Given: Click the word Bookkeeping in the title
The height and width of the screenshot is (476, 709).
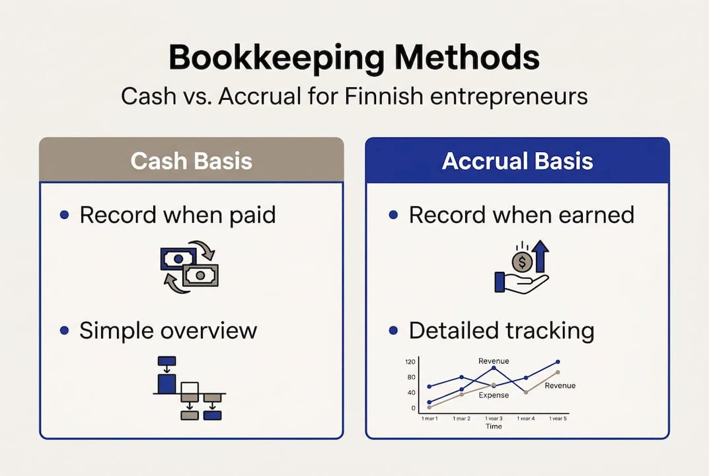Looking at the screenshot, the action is pyautogui.click(x=277, y=58).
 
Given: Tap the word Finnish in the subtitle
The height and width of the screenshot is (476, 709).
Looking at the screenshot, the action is pyautogui.click(x=384, y=96).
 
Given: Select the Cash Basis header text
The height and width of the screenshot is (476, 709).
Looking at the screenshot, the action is pyautogui.click(x=191, y=161).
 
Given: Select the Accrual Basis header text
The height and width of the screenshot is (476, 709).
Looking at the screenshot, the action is pyautogui.click(x=517, y=161).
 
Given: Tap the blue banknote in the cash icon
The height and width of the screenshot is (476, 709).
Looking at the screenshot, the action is pyautogui.click(x=178, y=258).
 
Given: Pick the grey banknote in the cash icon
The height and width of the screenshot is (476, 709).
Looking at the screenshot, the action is pyautogui.click(x=200, y=275).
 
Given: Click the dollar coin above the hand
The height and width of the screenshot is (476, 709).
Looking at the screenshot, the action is pyautogui.click(x=522, y=262).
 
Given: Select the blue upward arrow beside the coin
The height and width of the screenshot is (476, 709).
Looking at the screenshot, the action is pyautogui.click(x=540, y=256).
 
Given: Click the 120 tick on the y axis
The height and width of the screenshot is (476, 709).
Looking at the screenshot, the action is pyautogui.click(x=410, y=362).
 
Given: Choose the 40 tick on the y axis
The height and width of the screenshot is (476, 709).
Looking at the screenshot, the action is pyautogui.click(x=411, y=392).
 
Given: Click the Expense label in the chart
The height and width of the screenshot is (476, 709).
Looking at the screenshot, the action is pyautogui.click(x=494, y=395).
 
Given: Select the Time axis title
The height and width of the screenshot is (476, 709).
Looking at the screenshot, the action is pyautogui.click(x=494, y=426).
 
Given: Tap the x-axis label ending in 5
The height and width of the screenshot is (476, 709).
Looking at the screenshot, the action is pyautogui.click(x=558, y=418).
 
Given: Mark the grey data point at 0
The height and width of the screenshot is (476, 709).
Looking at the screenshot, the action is pyautogui.click(x=429, y=408).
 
